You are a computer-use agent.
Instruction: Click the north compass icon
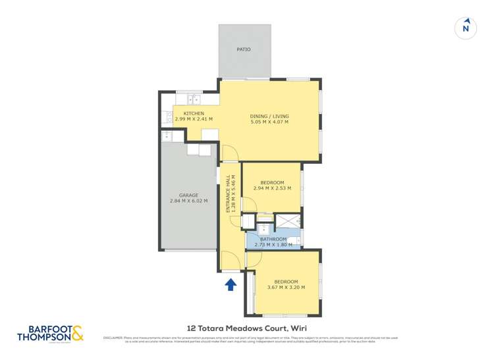[466, 28]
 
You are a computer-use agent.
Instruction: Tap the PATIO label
[244, 49]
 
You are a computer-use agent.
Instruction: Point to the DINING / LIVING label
[269, 116]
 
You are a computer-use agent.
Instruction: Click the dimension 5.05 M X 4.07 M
[269, 122]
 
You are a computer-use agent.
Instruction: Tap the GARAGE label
[188, 195]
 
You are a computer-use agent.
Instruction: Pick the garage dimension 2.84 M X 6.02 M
[188, 201]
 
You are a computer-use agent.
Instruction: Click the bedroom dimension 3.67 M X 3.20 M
[286, 288]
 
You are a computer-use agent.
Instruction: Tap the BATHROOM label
[273, 239]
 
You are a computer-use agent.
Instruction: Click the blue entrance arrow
[231, 284]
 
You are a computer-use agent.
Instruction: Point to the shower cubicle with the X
[287, 221]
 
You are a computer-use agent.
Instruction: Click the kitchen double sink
[194, 100]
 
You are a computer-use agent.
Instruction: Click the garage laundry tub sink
[167, 136]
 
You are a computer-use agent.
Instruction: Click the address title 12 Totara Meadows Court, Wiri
[247, 328]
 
